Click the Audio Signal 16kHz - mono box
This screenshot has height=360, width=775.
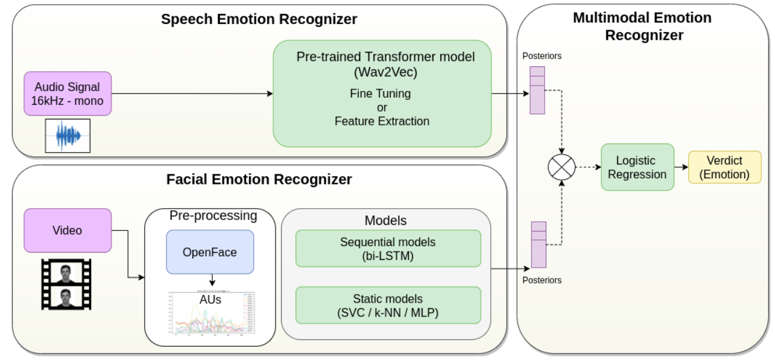click(x=68, y=93)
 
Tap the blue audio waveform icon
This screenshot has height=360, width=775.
click(x=68, y=135)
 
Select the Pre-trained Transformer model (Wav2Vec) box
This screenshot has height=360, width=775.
click(x=382, y=93)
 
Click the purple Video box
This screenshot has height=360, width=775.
click(x=68, y=230)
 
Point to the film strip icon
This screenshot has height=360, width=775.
click(x=66, y=284)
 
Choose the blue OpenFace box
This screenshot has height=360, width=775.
click(x=210, y=252)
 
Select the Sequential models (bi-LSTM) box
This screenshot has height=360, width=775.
click(x=388, y=248)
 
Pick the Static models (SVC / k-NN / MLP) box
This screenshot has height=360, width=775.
click(x=388, y=305)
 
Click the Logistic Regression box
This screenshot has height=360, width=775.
click(x=637, y=167)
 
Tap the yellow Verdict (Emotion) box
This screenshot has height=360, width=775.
click(x=724, y=167)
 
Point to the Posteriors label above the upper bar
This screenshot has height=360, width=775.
click(x=542, y=56)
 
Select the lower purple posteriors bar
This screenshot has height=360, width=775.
click(x=538, y=245)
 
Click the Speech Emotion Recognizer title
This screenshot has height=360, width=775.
click(x=259, y=19)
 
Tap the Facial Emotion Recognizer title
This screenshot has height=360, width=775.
click(x=259, y=179)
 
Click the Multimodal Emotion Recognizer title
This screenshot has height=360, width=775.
click(x=644, y=26)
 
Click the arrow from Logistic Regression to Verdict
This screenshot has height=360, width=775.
click(x=681, y=167)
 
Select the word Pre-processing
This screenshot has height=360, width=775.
click(x=213, y=216)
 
